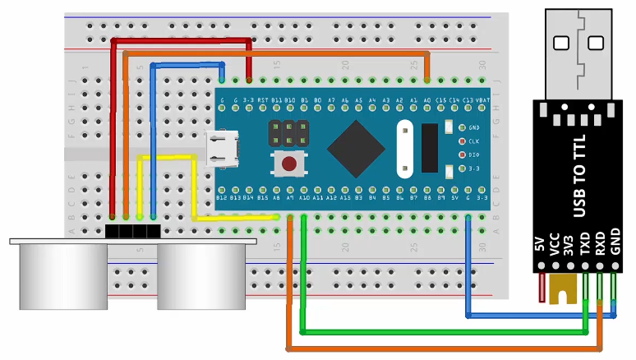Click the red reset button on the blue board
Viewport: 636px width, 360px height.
tap(288, 164)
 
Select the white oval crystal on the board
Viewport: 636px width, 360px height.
tap(403, 149)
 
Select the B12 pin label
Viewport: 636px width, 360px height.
tap(221, 197)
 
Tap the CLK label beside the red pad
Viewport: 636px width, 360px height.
tap(473, 141)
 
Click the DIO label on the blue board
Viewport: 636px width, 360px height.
tap(473, 155)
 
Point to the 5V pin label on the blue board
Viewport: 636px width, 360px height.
tap(454, 197)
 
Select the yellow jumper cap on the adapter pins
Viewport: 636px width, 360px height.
tap(563, 288)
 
